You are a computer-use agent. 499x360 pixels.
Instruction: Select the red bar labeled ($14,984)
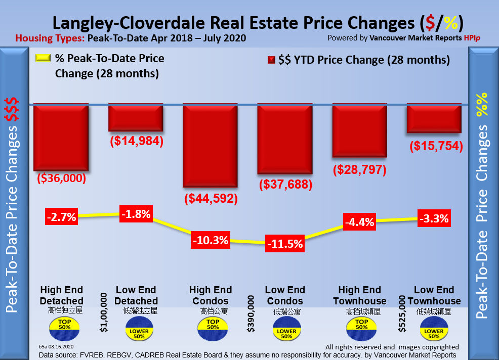coord(136,118)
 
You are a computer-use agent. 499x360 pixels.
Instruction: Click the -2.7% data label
coord(61,217)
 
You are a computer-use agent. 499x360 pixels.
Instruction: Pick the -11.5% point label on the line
coord(285,244)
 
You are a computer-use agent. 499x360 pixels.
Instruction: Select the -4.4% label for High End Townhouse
coord(359,221)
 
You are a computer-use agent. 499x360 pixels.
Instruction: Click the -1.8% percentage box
coord(136,214)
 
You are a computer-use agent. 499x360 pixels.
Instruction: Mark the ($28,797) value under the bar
coord(360,169)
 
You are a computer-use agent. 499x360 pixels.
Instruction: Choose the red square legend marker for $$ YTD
coord(270,60)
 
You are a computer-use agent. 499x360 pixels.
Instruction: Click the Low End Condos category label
coord(285,295)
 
